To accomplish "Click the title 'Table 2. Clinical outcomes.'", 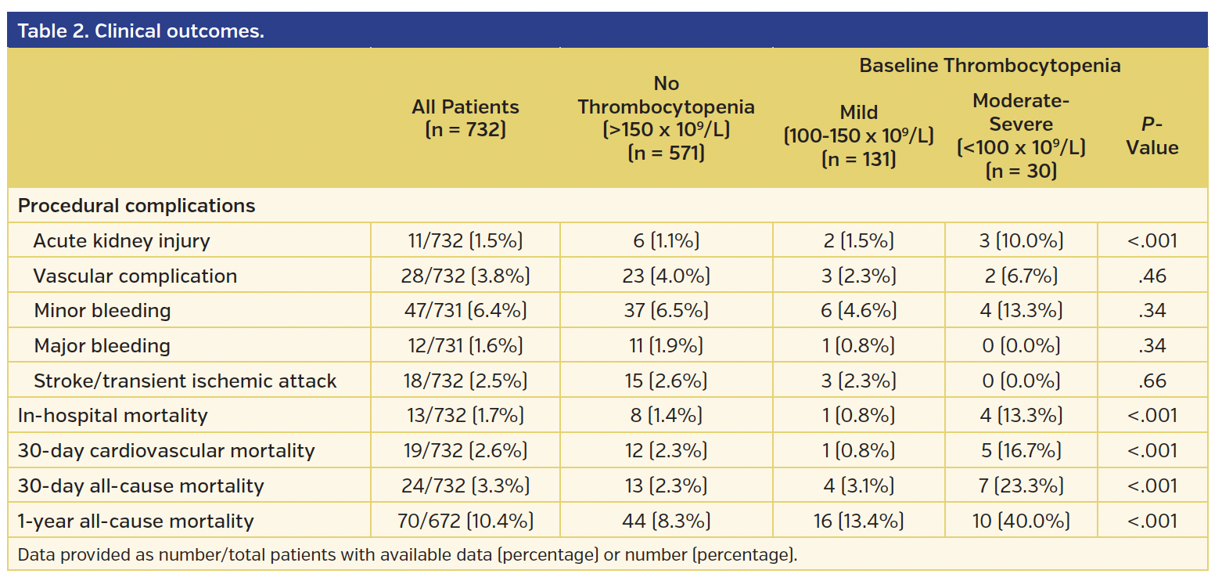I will coord(141,32).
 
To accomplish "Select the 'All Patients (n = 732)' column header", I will coord(465,118).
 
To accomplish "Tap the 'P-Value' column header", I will coord(1152,136).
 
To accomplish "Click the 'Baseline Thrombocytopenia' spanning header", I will coord(990,66).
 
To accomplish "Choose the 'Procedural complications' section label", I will coord(136,206).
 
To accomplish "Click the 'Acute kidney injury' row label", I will coord(121,241).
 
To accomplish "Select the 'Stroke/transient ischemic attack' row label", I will coord(185,381).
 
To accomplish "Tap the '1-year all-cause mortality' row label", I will coord(135,521).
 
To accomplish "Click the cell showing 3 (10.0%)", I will coord(1021,241).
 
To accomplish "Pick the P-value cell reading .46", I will coord(1152,276).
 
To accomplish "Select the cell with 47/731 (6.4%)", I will coord(465,311).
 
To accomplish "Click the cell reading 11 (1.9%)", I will coord(666,346).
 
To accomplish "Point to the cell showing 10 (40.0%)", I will coord(1021,521).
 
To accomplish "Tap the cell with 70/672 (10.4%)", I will coord(465,521).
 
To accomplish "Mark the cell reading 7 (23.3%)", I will coord(1021,486).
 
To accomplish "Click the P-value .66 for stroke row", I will coord(1152,381).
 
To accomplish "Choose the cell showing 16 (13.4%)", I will coord(858,521).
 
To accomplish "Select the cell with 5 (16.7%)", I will coord(1021,451).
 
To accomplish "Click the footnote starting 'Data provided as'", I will coord(407,556).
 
